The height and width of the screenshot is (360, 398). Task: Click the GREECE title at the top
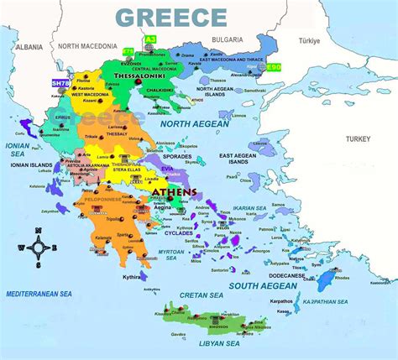click(x=170, y=17)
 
